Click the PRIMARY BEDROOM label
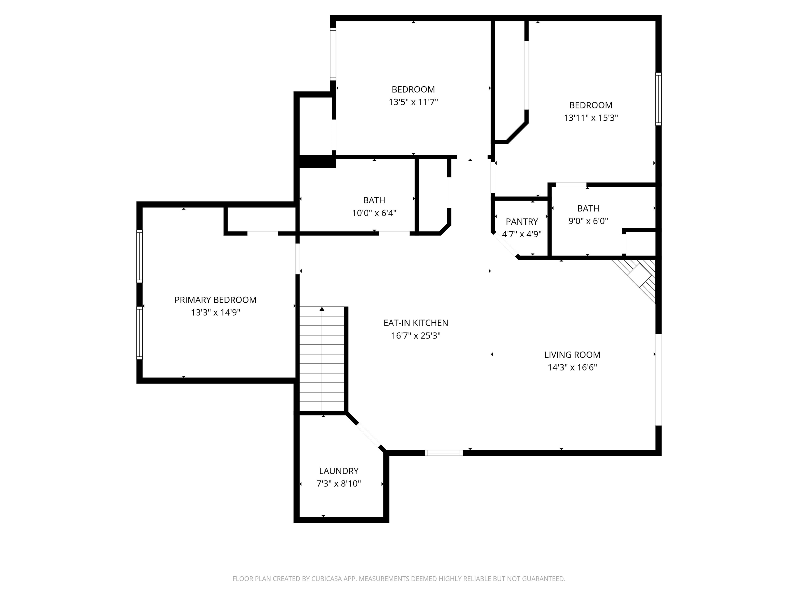point(215,300)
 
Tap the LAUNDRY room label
point(339,471)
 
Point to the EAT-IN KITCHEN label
point(416,323)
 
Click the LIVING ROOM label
point(572,355)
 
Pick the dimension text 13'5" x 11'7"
point(413,102)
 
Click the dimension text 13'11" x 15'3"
point(591,118)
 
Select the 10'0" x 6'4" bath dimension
point(374,213)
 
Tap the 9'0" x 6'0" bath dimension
point(588,221)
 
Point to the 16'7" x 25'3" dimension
point(416,336)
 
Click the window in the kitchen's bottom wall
point(444,453)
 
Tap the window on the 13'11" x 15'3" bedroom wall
point(659,99)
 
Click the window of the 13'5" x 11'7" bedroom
point(333,54)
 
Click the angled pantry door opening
point(505,244)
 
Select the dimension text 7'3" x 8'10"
point(339,484)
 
